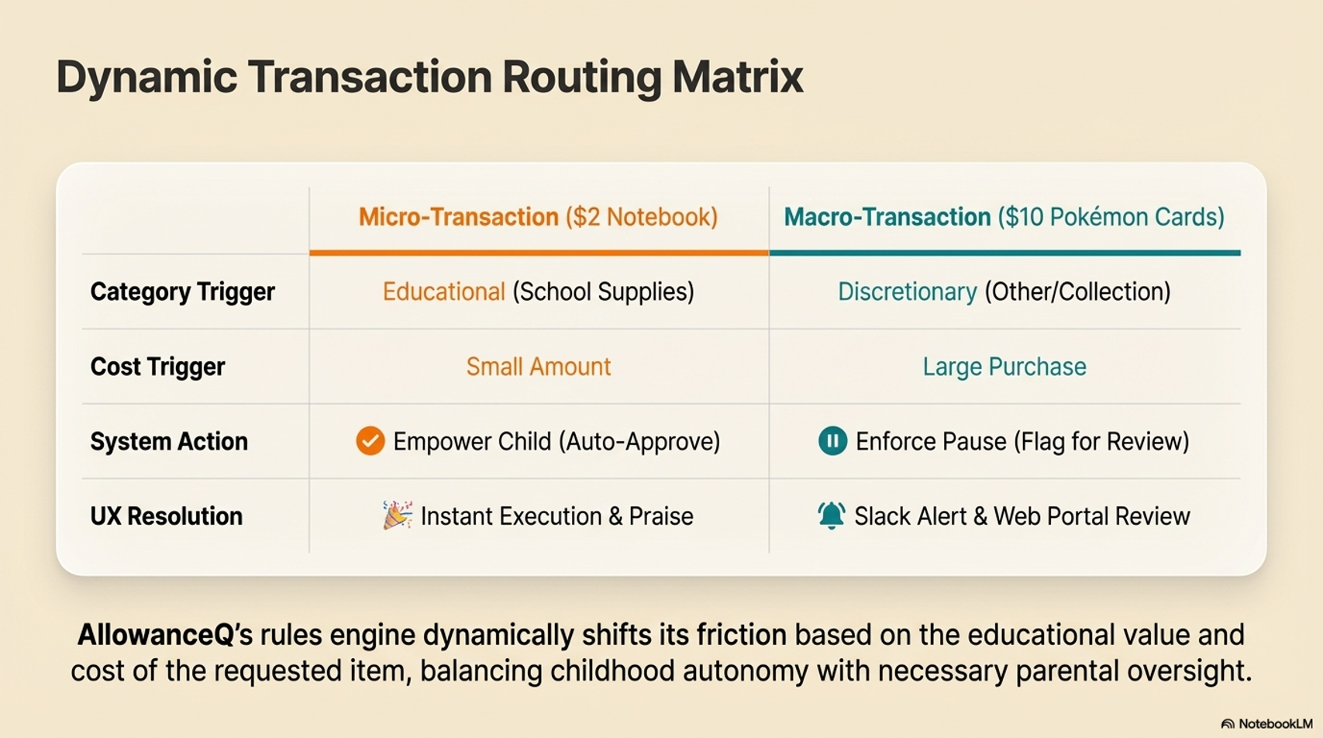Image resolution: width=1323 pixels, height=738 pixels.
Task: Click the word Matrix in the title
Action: (738, 76)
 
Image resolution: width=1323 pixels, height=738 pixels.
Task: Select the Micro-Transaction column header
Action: (538, 217)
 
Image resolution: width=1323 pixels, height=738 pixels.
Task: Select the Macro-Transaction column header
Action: (1004, 217)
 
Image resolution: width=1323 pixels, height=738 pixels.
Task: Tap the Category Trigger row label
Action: (182, 292)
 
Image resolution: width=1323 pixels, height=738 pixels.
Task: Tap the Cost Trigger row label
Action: (157, 367)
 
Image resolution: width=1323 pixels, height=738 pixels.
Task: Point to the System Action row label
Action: (169, 441)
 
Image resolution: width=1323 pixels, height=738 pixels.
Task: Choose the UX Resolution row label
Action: (167, 516)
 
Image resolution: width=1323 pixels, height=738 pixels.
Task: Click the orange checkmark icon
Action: (370, 441)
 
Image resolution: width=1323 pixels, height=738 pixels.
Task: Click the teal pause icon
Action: (832, 441)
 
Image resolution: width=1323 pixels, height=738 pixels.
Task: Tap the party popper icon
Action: (397, 516)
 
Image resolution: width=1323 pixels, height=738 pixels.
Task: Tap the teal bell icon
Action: (831, 516)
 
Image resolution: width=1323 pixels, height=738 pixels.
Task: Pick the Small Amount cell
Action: (539, 367)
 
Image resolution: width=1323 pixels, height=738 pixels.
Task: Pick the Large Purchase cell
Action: (1004, 367)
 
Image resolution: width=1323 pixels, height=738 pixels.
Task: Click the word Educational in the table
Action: (444, 292)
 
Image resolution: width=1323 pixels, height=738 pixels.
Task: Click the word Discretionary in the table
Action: (908, 292)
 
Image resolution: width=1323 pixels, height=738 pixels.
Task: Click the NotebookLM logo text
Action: (1276, 724)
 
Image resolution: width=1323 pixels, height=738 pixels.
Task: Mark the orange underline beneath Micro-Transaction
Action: (539, 253)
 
